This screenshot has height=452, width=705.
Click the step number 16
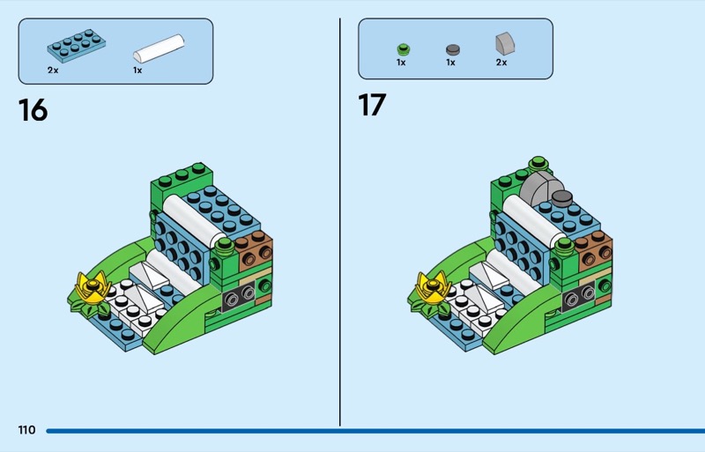point(33,110)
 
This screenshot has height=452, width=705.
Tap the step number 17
point(371,105)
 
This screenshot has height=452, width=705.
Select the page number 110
point(26,430)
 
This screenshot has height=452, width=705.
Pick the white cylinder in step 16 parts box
point(159,47)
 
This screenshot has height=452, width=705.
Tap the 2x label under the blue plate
point(53,69)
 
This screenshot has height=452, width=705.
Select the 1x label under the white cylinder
point(137,69)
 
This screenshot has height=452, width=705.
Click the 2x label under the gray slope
point(501,63)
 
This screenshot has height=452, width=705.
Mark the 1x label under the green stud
point(401,63)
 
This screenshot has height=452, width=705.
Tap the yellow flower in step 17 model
point(430,286)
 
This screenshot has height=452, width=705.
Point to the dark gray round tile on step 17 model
point(561,197)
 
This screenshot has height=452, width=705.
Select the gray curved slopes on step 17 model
point(539,186)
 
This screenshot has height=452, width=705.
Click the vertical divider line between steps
point(340,220)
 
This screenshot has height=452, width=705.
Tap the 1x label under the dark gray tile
point(450,63)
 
